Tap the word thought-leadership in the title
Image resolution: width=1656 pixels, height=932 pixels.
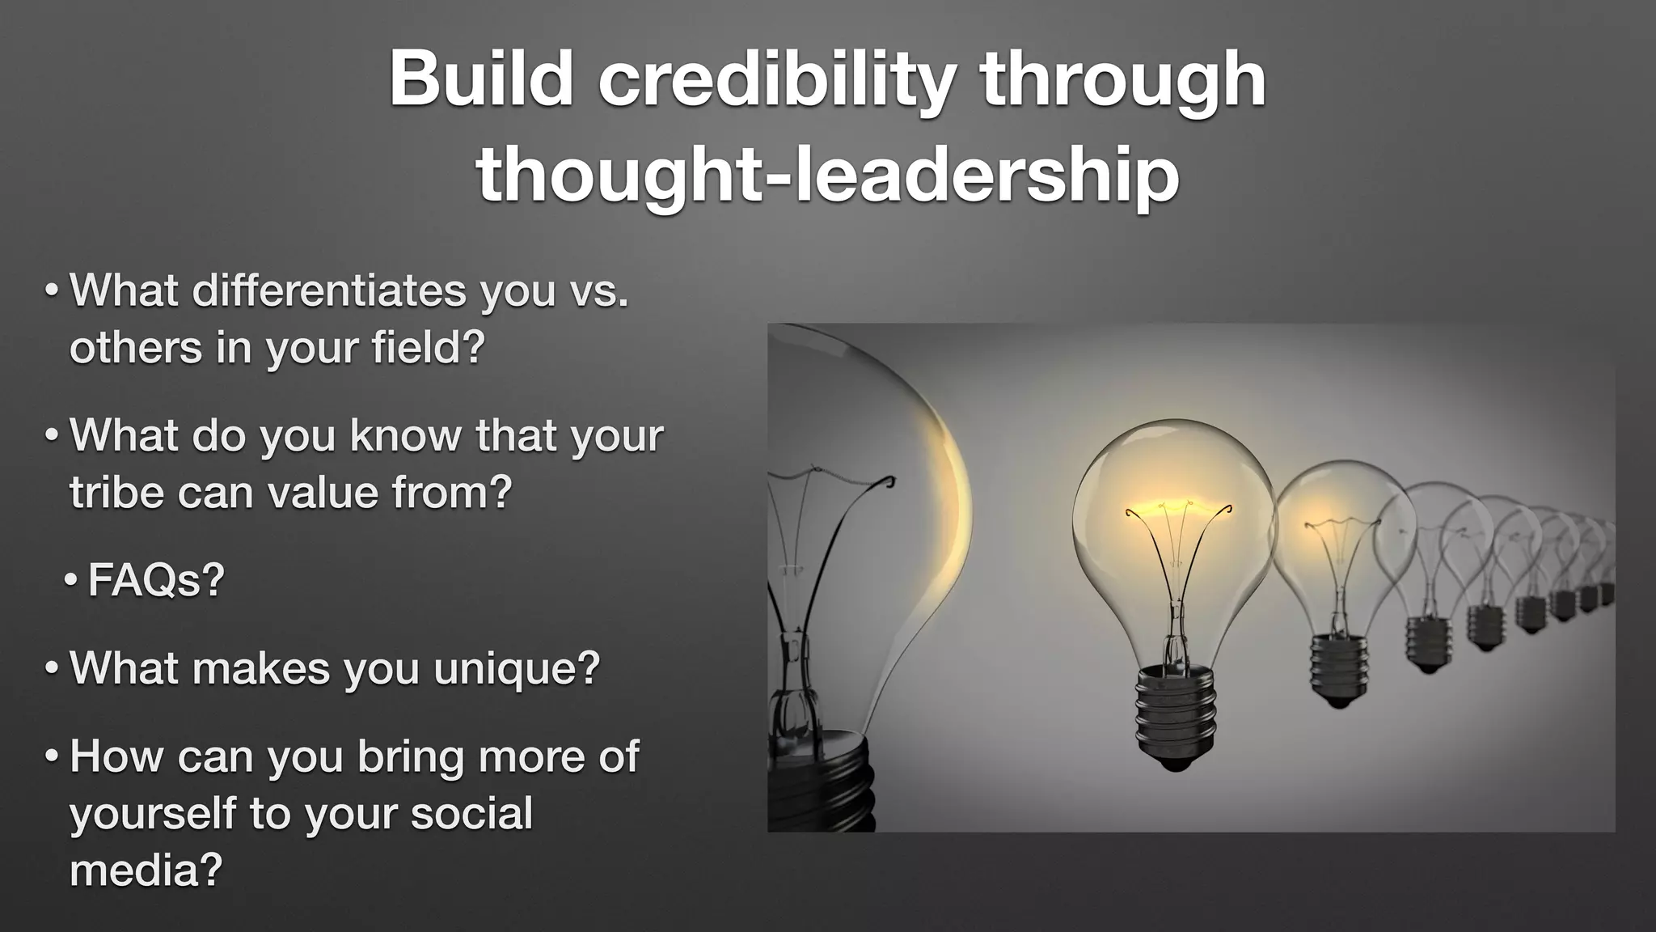pyautogui.click(x=827, y=176)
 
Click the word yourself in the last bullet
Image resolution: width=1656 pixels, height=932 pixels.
pyautogui.click(x=152, y=814)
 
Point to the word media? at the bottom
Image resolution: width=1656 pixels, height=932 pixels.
pyautogui.click(x=146, y=871)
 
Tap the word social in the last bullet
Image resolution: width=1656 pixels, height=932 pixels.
pyautogui.click(x=471, y=814)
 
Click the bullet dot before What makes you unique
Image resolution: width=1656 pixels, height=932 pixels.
pyautogui.click(x=52, y=669)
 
